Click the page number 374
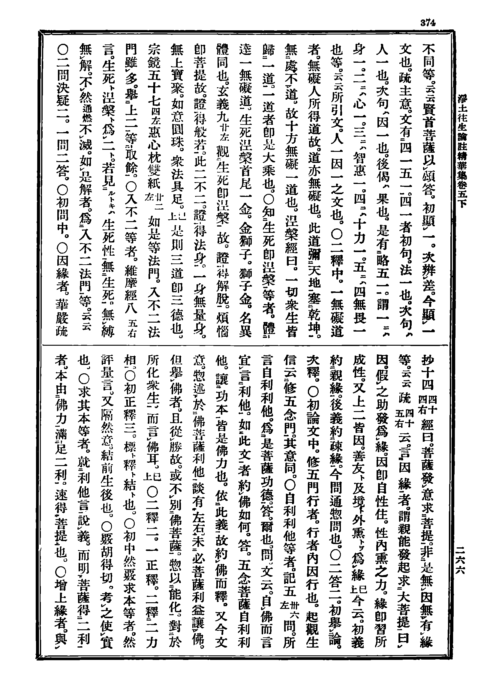coord(428,23)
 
